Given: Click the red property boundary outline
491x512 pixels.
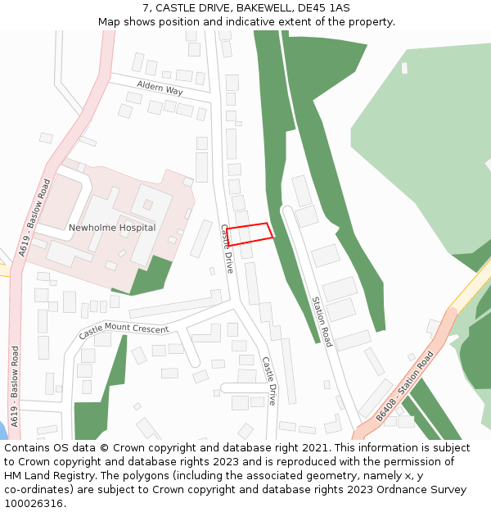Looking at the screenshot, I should pyautogui.click(x=250, y=234).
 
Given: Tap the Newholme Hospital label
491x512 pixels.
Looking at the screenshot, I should pyautogui.click(x=112, y=228).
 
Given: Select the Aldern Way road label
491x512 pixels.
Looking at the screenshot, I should pyautogui.click(x=160, y=89).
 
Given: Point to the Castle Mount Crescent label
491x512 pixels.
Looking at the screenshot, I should pyautogui.click(x=124, y=332).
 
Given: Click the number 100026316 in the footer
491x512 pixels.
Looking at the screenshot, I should pyautogui.click(x=34, y=504).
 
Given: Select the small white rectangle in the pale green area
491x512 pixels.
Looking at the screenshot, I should pyautogui.click(x=404, y=68).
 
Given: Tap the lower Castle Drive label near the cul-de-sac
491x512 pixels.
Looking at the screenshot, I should pyautogui.click(x=269, y=380).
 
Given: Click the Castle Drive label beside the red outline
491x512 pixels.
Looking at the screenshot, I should pyautogui.click(x=227, y=248).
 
